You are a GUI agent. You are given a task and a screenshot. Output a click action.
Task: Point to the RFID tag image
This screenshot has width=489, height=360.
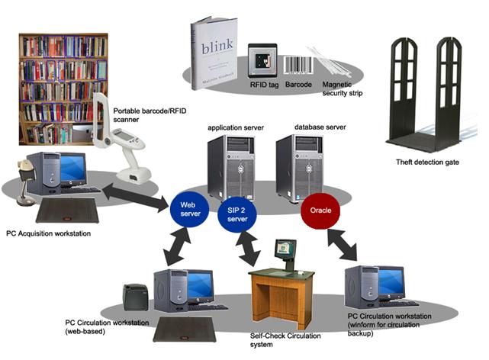[x=261, y=58]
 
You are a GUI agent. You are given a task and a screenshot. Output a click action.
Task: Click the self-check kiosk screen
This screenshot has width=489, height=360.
[x=285, y=247]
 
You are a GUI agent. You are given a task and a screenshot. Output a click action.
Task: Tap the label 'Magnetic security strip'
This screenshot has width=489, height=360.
[x=342, y=89]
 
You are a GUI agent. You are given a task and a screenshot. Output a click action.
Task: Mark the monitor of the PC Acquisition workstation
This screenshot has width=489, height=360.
[x=70, y=167]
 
